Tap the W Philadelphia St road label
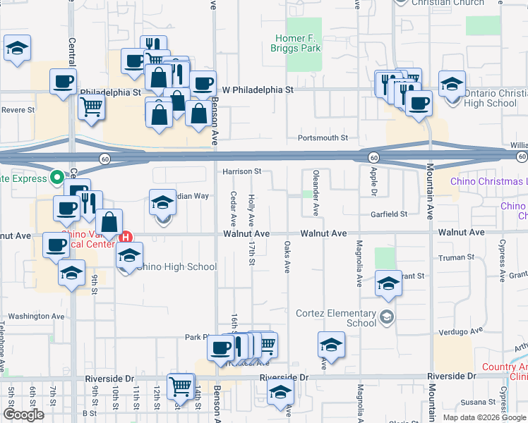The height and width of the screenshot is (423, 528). [x=258, y=90]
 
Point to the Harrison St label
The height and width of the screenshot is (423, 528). [x=242, y=171]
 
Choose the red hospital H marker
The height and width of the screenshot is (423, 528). [x=126, y=238]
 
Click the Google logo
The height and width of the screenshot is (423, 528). [x=23, y=415]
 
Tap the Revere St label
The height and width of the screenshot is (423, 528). [x=18, y=110]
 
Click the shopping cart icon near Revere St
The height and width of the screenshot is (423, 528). [x=91, y=107]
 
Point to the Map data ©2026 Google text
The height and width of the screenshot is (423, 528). [x=484, y=417]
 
